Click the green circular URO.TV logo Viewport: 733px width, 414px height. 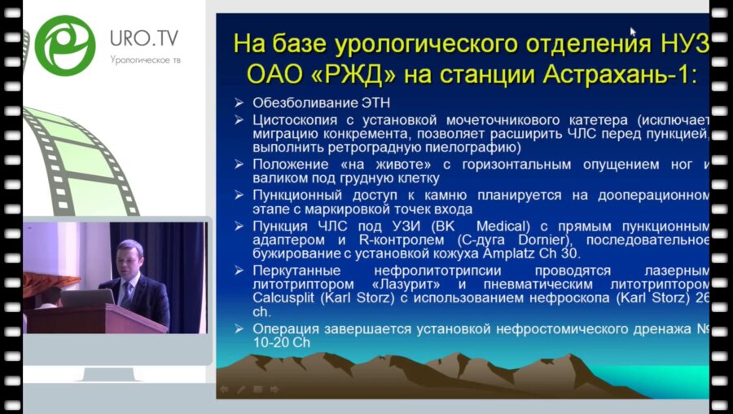coord(65,45)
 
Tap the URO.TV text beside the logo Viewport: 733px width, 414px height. coord(144,38)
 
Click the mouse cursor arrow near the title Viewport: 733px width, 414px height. coord(633,33)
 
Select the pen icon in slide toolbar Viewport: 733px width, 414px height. coord(242,390)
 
